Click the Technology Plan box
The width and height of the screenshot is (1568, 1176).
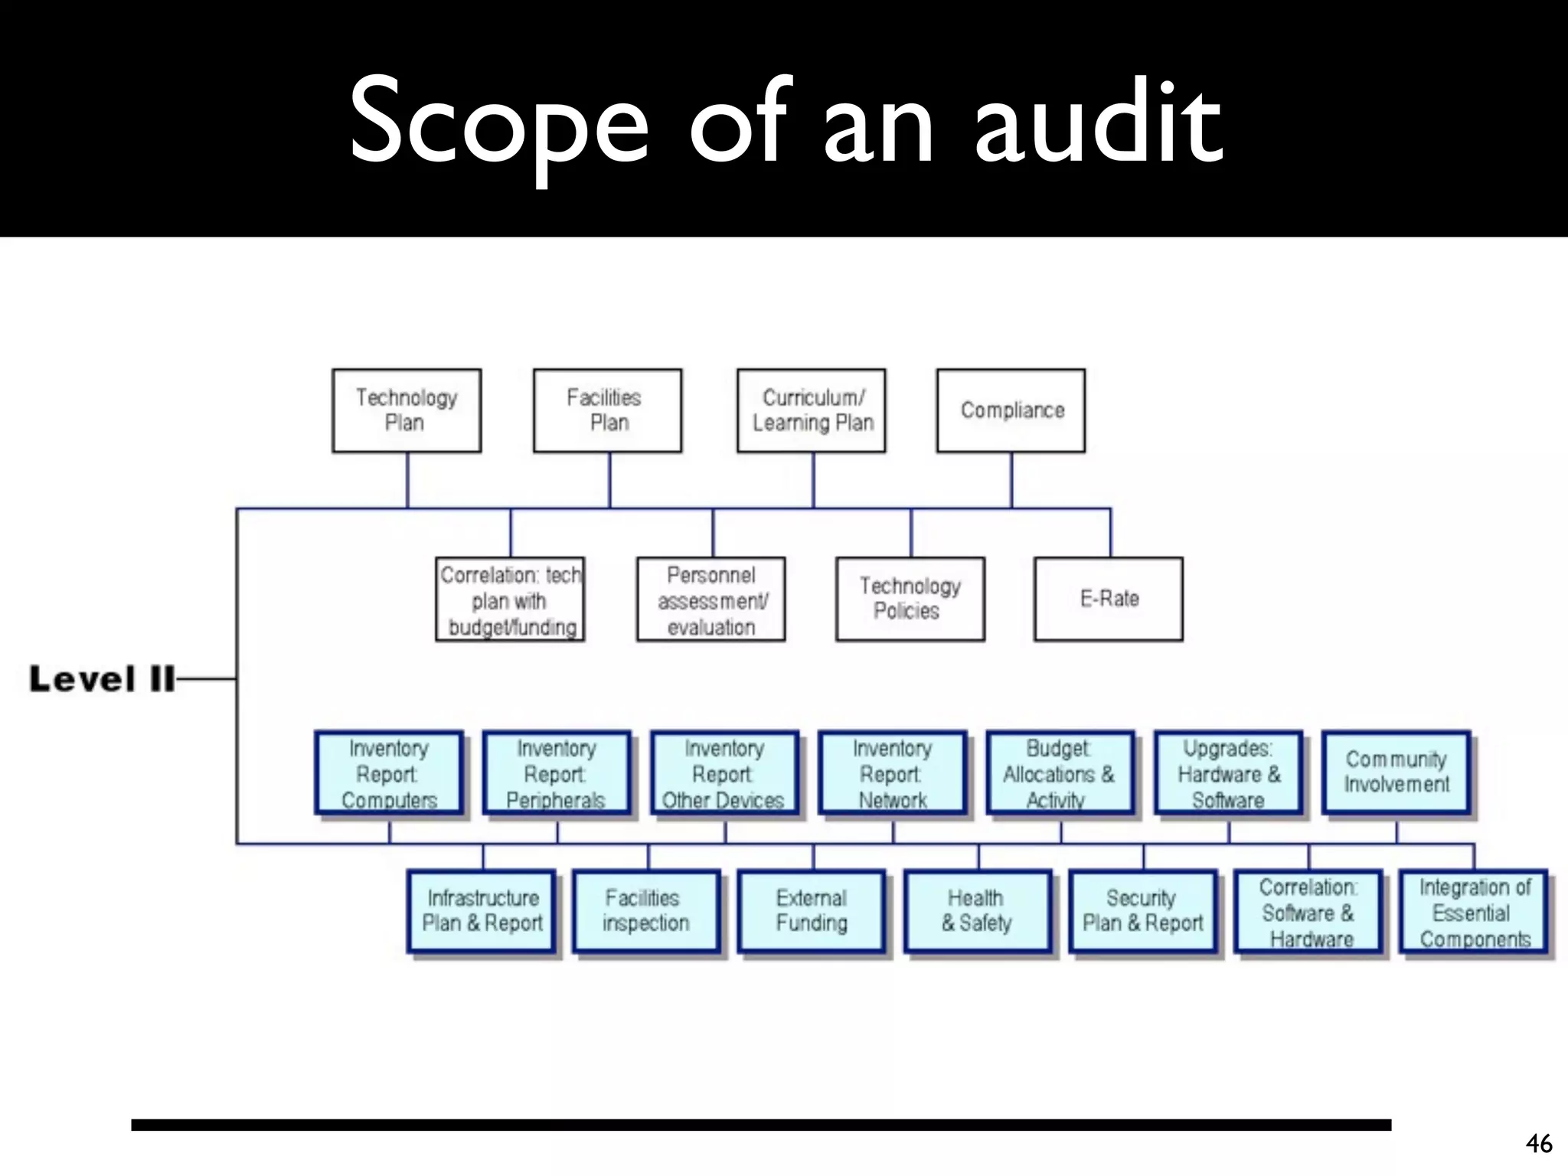407,410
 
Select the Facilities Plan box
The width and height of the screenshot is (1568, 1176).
607,410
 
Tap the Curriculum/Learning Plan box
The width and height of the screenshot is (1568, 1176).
812,410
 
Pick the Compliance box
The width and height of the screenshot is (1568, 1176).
1011,410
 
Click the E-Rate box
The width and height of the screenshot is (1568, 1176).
1109,599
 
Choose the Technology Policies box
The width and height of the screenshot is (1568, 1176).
910,599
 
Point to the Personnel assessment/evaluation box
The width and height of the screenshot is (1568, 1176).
711,599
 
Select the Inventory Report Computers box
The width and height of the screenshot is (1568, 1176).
389,773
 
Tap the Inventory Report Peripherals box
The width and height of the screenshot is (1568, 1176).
557,773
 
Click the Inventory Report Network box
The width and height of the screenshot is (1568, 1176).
893,773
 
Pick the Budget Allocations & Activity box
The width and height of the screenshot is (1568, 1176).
1060,773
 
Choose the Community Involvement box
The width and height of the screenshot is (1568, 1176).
1396,772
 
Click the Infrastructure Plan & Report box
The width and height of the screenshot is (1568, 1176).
482,911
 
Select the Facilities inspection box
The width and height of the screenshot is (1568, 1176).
647,911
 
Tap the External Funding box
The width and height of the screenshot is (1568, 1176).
812,911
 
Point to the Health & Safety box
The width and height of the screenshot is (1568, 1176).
978,911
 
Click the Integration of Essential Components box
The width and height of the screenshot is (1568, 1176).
1475,913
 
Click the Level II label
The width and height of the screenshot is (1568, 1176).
103,679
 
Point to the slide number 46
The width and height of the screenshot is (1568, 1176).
1539,1143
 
